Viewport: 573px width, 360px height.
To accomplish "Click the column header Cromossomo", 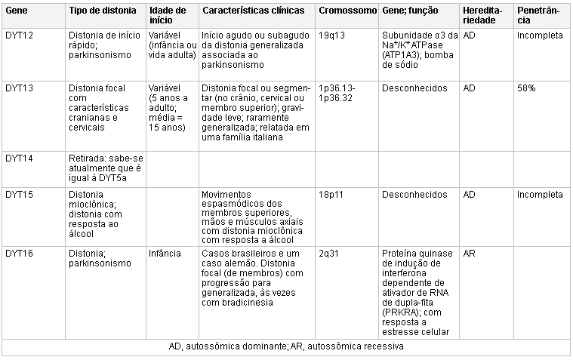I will (x=347, y=11).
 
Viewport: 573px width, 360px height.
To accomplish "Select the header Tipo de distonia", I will (x=103, y=11).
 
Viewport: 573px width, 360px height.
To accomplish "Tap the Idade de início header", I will (x=168, y=16).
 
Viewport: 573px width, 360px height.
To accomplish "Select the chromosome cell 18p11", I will (x=331, y=195).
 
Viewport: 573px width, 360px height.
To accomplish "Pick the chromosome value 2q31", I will (x=329, y=253).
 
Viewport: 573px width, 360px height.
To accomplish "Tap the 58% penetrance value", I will (x=526, y=88).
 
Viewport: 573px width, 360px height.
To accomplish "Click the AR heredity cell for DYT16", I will (x=469, y=253).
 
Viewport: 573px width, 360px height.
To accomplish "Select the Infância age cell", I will (x=165, y=253).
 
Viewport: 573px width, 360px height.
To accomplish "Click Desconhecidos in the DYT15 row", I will (x=414, y=195).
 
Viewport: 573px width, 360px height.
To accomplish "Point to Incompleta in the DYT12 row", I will (x=540, y=35).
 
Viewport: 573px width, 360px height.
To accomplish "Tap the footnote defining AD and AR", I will (x=286, y=346).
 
